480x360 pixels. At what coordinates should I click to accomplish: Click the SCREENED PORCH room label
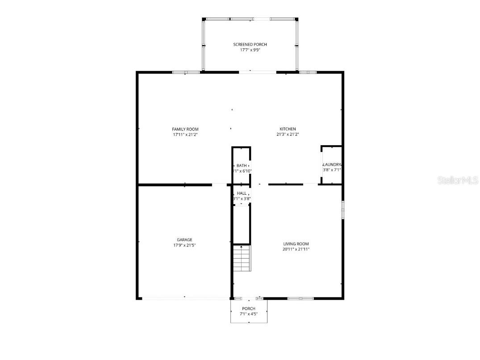[x=250, y=45]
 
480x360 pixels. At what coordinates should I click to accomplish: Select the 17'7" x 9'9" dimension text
[x=250, y=50]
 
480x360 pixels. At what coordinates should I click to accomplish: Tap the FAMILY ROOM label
[x=185, y=129]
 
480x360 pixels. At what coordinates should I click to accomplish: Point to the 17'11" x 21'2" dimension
[x=185, y=134]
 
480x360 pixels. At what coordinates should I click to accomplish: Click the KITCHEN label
[x=288, y=129]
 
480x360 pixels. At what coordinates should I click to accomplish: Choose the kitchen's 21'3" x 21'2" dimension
[x=288, y=134]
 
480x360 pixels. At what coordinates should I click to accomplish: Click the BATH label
[x=242, y=166]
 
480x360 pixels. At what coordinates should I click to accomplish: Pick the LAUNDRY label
[x=332, y=164]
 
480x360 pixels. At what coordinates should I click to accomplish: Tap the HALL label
[x=242, y=193]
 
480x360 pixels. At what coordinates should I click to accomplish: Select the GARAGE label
[x=184, y=240]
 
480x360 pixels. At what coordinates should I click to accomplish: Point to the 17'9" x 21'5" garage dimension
[x=184, y=245]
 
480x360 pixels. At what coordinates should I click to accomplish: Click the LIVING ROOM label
[x=296, y=244]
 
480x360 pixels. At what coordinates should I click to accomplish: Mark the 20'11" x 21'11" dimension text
[x=296, y=249]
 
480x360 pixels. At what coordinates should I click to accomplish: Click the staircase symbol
[x=242, y=259]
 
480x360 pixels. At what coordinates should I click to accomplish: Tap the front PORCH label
[x=249, y=309]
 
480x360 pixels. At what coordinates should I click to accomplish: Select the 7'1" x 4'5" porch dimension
[x=249, y=314]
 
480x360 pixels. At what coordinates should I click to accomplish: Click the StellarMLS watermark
[x=458, y=180]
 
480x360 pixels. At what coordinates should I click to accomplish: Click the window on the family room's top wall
[x=186, y=72]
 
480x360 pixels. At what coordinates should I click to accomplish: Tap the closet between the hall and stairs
[x=242, y=224]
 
